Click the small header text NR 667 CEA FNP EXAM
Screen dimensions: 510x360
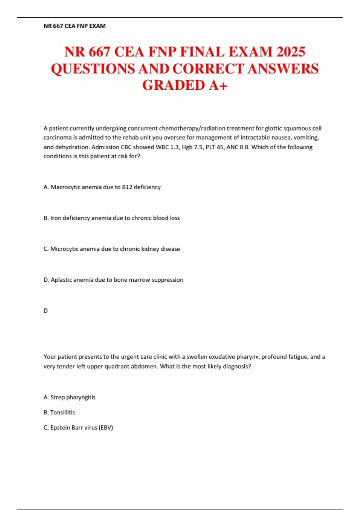coord(74,26)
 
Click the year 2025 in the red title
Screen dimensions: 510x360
coord(291,52)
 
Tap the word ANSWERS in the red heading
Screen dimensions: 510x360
coord(283,69)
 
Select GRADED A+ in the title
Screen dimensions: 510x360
coord(185,85)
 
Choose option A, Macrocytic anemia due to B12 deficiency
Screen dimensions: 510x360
coord(102,187)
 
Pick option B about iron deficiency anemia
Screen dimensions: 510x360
coord(112,218)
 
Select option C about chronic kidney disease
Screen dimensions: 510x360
coord(112,249)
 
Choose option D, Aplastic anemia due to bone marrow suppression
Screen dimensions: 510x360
coord(113,280)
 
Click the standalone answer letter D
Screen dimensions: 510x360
coord(46,311)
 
